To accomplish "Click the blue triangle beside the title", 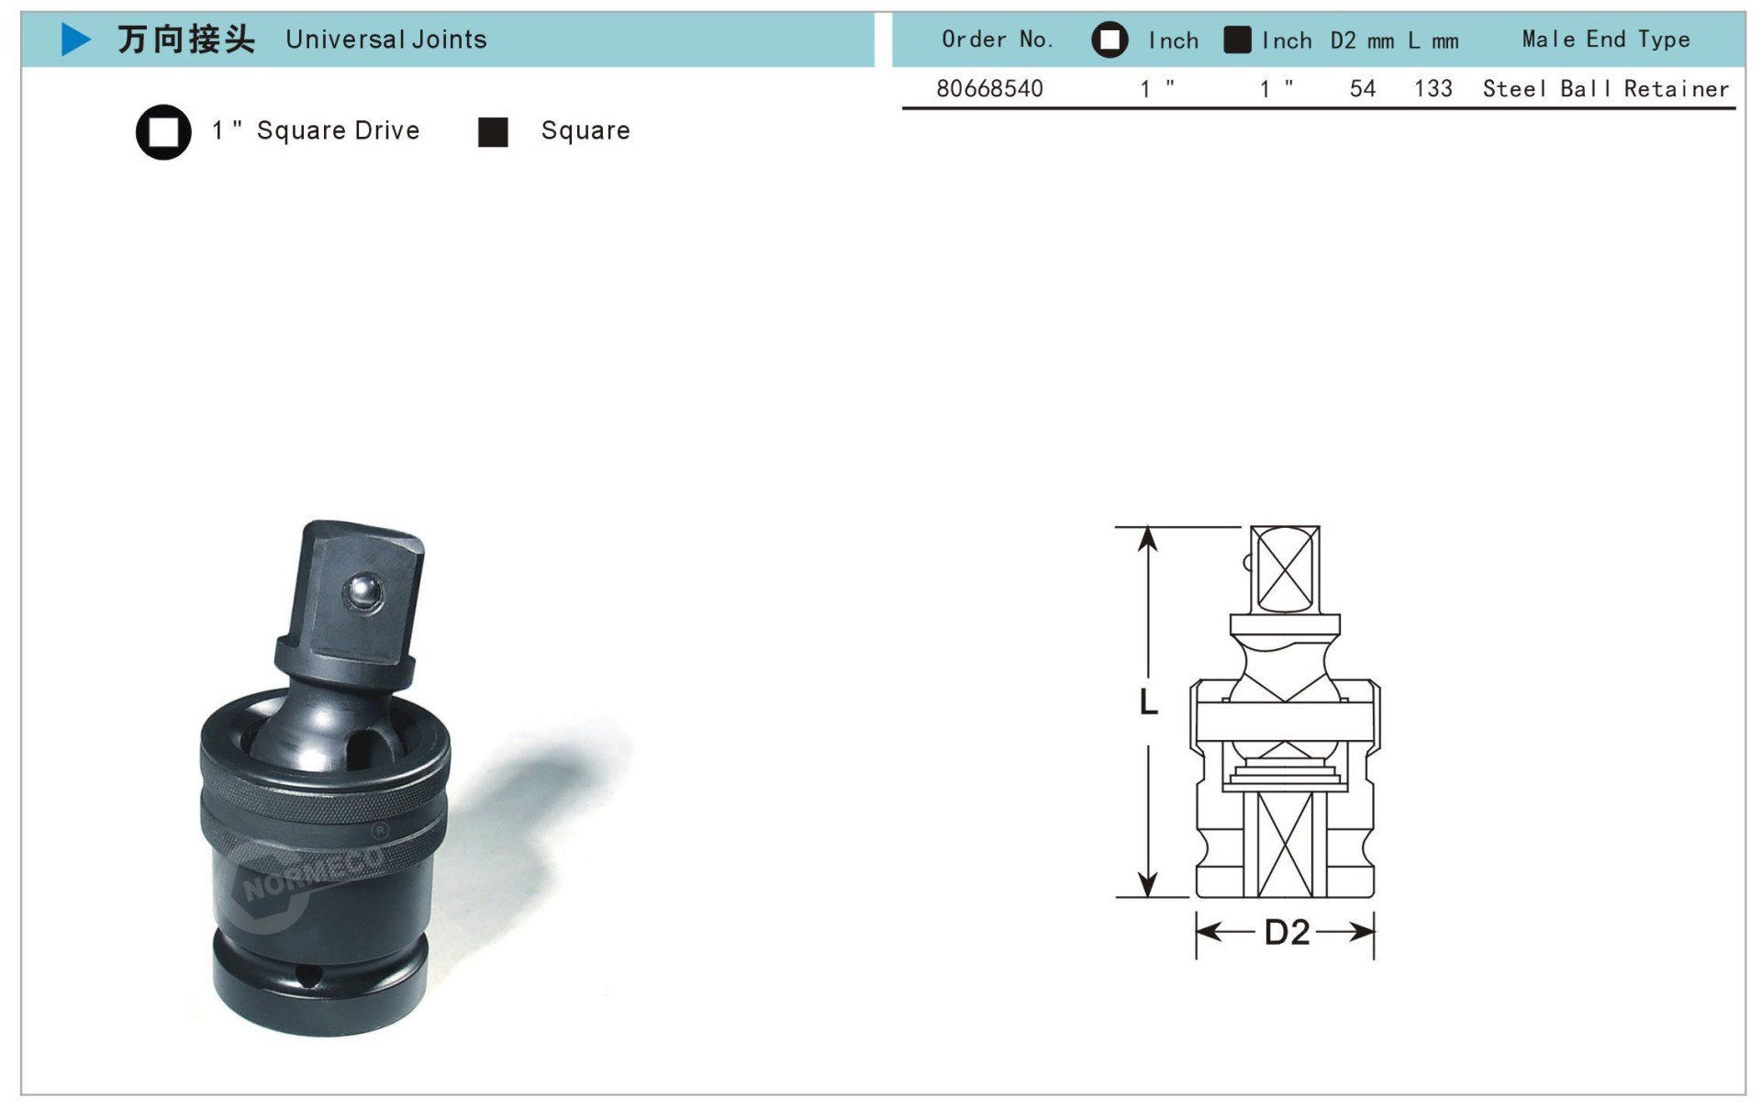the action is (x=75, y=39).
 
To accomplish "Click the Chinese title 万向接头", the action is (x=186, y=39).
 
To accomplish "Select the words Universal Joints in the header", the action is (x=386, y=39).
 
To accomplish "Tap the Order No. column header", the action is (x=998, y=39).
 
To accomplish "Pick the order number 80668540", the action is (x=989, y=88).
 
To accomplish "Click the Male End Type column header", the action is (x=1606, y=39).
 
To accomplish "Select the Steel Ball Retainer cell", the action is (x=1606, y=88).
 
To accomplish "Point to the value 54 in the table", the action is (x=1363, y=88).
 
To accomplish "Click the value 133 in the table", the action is (x=1433, y=88).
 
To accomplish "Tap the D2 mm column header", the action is (x=1363, y=40).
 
